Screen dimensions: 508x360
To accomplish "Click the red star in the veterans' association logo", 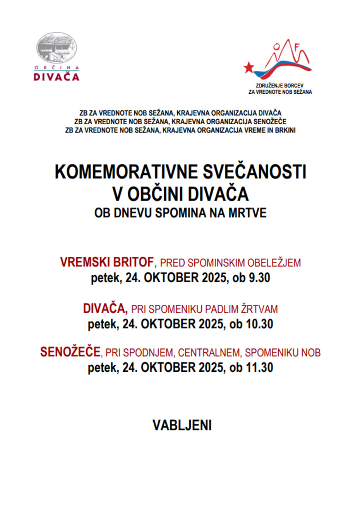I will pos(249,67).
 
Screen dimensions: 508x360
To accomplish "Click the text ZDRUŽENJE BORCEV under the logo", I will pos(280,85).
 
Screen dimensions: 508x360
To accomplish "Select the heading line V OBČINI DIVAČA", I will pos(180,194).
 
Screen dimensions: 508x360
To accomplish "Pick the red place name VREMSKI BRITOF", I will pos(107,263).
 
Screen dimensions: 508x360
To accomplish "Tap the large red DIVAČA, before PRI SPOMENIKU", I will pos(106,308).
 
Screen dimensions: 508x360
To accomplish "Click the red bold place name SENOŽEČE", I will pos(71,352).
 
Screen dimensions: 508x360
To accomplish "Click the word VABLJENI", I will pos(182,425).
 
